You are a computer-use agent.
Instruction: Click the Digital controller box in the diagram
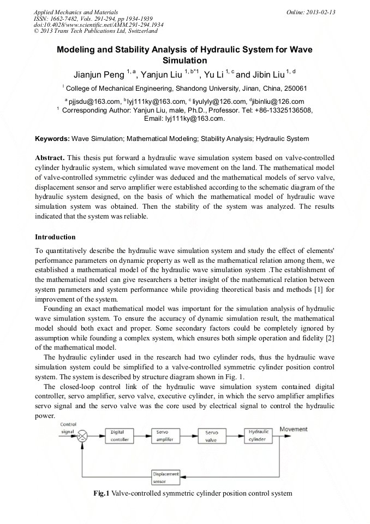118,435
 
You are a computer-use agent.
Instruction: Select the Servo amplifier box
165,435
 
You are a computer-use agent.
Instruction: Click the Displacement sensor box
166,477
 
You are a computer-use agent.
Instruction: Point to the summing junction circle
83,435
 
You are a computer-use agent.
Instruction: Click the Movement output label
294,429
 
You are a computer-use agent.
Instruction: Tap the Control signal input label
68,427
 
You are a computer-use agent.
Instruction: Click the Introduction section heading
55,237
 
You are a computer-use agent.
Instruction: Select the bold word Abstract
51,157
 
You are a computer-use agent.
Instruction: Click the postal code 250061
294,88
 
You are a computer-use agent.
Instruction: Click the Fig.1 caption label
102,494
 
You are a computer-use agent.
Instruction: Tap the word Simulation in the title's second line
185,60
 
